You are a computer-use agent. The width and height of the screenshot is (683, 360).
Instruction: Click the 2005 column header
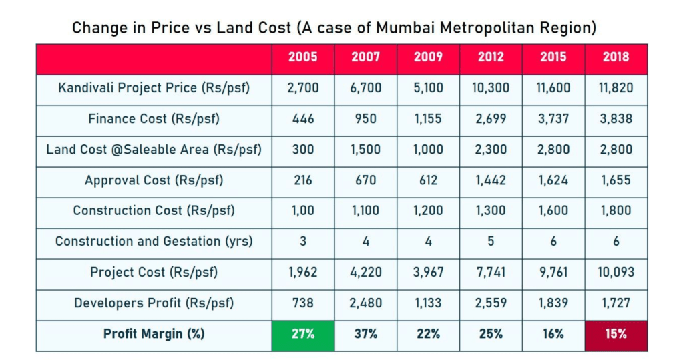[x=303, y=57]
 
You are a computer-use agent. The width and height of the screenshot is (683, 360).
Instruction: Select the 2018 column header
[x=616, y=57]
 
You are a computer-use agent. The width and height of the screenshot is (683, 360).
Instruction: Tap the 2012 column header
[x=491, y=57]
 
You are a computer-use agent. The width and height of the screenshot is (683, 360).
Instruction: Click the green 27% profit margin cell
[x=303, y=334]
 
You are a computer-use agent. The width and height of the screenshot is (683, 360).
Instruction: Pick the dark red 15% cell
[x=616, y=334]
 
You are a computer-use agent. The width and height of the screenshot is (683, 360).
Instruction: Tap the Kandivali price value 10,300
[x=491, y=88]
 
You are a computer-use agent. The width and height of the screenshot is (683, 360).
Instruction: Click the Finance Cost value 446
[x=303, y=119]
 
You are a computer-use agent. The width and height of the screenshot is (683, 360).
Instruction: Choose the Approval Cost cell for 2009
[x=428, y=180]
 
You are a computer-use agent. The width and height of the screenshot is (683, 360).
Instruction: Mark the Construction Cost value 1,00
[x=303, y=211]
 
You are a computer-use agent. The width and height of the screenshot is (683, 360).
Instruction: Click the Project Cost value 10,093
[x=616, y=273]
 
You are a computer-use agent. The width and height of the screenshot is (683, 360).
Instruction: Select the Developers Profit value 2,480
[x=365, y=303]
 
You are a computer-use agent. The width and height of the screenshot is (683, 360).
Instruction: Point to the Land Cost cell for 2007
[x=365, y=150]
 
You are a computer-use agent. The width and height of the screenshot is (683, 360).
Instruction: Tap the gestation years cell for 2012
[x=491, y=242]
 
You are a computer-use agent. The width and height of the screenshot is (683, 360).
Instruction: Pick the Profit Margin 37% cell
[x=365, y=334]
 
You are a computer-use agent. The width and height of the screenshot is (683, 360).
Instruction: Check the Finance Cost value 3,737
[x=553, y=119]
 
